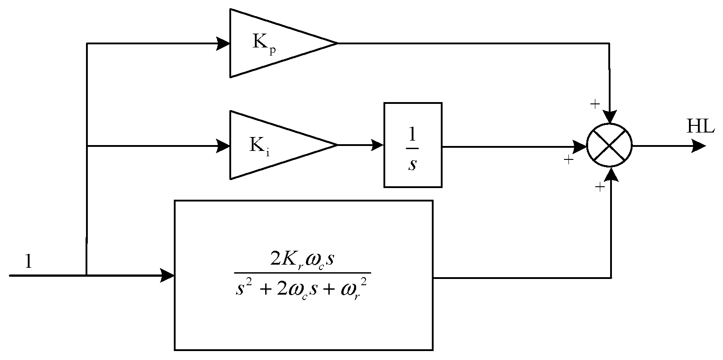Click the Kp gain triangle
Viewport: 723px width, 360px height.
pos(273,43)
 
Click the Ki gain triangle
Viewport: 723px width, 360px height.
pos(273,145)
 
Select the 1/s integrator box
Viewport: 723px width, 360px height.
pos(413,145)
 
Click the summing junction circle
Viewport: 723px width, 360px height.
pos(609,145)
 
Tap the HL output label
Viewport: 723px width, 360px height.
pos(700,127)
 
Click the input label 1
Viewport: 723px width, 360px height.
pos(28,261)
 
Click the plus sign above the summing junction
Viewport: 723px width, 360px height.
pos(594,105)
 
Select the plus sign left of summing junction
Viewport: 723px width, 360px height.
pos(568,159)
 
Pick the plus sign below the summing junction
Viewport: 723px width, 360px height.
pos(599,188)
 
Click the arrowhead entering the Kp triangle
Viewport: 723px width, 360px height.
pos(223,43)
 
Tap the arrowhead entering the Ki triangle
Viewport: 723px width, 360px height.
pos(223,145)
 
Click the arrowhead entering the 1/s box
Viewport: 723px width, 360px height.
pos(377,145)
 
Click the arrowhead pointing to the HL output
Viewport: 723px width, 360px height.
pos(699,145)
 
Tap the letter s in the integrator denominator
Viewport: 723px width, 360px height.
pos(413,164)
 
